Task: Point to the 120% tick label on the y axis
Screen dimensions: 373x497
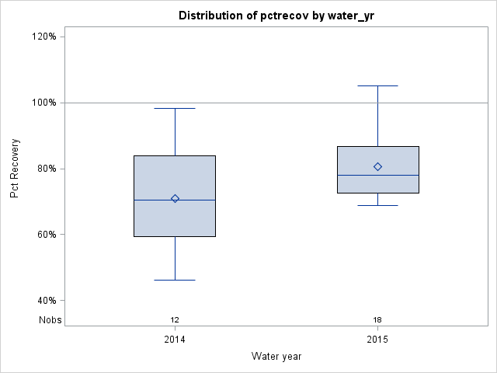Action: pyautogui.click(x=48, y=37)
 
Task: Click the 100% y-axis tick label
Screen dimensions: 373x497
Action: pyautogui.click(x=48, y=103)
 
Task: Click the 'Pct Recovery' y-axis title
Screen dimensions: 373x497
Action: pyautogui.click(x=15, y=169)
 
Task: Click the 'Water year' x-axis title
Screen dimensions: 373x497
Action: pyautogui.click(x=276, y=356)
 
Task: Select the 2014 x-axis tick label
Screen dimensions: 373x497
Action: pyautogui.click(x=175, y=340)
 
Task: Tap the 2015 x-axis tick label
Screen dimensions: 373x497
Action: pyautogui.click(x=378, y=340)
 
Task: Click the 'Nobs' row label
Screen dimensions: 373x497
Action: pyautogui.click(x=50, y=319)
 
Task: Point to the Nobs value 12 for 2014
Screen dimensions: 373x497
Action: pyautogui.click(x=175, y=319)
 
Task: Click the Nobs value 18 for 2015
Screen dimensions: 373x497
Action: pyautogui.click(x=378, y=319)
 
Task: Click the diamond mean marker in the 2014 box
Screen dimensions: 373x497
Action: pyautogui.click(x=175, y=198)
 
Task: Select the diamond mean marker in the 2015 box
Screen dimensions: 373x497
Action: pyautogui.click(x=378, y=166)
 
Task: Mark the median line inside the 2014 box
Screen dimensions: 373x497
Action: pyautogui.click(x=175, y=200)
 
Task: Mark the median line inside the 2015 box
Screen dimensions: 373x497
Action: pyautogui.click(x=378, y=176)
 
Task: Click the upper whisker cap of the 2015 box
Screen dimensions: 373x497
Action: pyautogui.click(x=378, y=85)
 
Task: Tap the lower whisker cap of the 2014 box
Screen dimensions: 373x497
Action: pyautogui.click(x=175, y=280)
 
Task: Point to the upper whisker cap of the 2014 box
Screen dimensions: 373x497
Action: pyautogui.click(x=175, y=108)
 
